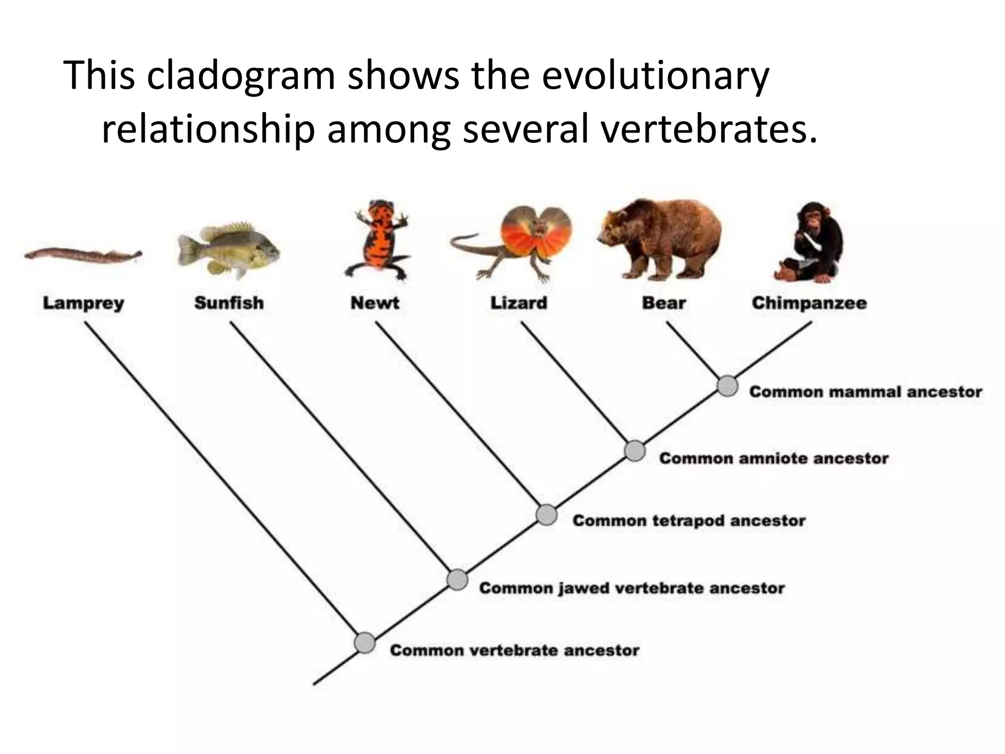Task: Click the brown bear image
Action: pyautogui.click(x=660, y=238)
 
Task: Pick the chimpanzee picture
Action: pyautogui.click(x=810, y=243)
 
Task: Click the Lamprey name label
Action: pyautogui.click(x=83, y=303)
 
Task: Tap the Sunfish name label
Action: pyautogui.click(x=229, y=303)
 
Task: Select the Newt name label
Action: pyautogui.click(x=374, y=303)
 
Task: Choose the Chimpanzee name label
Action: pyautogui.click(x=809, y=303)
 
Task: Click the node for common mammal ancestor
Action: pyautogui.click(x=727, y=386)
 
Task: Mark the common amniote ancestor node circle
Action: pyautogui.click(x=635, y=451)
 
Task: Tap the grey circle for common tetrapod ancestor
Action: pyautogui.click(x=546, y=515)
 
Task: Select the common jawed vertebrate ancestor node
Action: pyautogui.click(x=457, y=580)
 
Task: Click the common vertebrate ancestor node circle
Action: pyautogui.click(x=365, y=643)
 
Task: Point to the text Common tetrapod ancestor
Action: pyautogui.click(x=689, y=520)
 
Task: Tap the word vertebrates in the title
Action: pyautogui.click(x=709, y=130)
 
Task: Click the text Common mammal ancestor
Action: pyautogui.click(x=866, y=392)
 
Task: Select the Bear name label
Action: pyautogui.click(x=663, y=303)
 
